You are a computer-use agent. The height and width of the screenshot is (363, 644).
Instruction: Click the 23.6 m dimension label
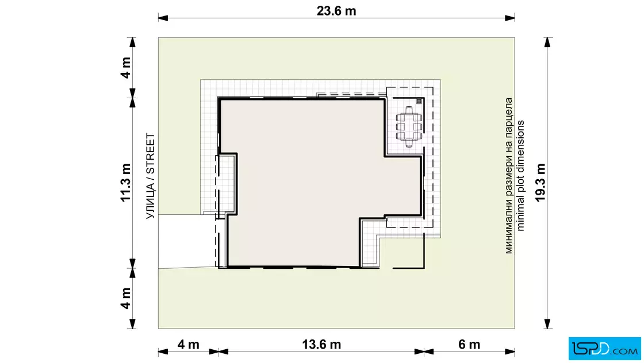(x=336, y=11)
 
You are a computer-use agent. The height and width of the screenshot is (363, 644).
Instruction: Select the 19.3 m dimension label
(x=540, y=183)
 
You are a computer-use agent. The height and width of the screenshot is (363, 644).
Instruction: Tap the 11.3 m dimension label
(x=125, y=183)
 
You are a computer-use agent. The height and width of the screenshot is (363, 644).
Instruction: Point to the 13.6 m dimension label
(x=321, y=344)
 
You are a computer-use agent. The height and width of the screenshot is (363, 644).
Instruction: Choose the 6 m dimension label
(x=469, y=344)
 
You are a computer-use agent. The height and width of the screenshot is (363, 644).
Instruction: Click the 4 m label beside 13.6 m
(x=188, y=344)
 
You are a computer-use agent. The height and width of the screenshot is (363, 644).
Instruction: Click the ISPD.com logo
(x=604, y=349)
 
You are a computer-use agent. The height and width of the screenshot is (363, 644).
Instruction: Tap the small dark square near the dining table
(x=419, y=101)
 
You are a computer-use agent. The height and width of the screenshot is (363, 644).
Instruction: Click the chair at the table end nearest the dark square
(x=409, y=110)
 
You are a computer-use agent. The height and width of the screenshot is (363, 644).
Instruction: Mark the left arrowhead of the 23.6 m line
(x=163, y=18)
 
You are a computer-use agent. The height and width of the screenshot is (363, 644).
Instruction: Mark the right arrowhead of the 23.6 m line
(x=509, y=18)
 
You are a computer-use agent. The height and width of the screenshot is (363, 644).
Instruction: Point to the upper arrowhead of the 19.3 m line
(x=547, y=43)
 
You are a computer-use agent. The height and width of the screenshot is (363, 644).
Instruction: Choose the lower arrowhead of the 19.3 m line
(x=547, y=323)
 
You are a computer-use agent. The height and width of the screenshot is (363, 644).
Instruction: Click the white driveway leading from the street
(x=186, y=241)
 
